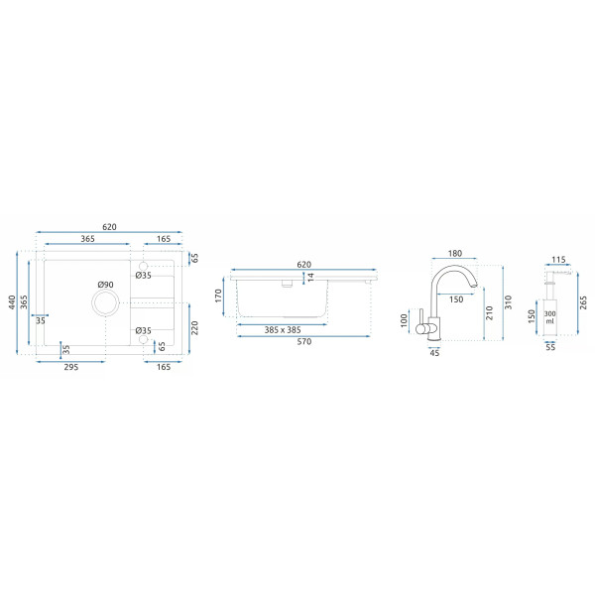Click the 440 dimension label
tap(12, 302)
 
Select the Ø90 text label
tap(105, 285)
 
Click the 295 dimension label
tap(71, 367)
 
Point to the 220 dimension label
tap(194, 328)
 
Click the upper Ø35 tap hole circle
tap(143, 266)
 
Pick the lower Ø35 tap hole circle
tap(143, 339)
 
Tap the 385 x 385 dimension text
tap(283, 330)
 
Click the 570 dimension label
tap(304, 341)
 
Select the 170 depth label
tap(218, 296)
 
